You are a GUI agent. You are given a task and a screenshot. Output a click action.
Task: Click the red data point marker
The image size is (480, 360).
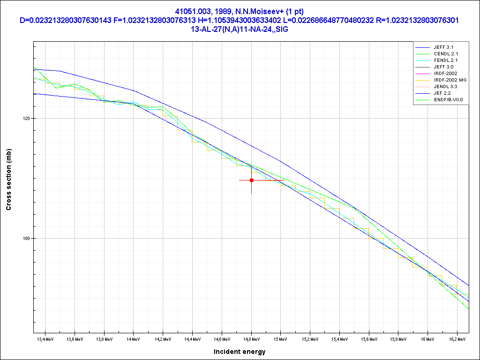click(x=252, y=180)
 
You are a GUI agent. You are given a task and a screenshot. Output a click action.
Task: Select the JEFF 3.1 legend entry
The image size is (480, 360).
click(x=443, y=47)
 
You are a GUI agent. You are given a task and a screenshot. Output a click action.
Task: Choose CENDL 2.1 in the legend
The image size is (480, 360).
click(x=446, y=54)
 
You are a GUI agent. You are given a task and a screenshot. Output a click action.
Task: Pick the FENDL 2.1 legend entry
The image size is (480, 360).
click(x=446, y=60)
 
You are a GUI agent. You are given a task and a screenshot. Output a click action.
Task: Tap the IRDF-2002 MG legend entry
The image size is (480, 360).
click(x=450, y=80)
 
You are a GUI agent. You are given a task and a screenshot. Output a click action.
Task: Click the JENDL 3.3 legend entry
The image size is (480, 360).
click(x=446, y=87)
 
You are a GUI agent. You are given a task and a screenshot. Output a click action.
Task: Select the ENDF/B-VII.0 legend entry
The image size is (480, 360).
click(x=449, y=100)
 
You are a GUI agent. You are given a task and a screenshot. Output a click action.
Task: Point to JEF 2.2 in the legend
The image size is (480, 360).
click(x=442, y=93)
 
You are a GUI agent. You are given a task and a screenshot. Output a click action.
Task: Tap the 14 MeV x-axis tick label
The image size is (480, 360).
click(x=133, y=338)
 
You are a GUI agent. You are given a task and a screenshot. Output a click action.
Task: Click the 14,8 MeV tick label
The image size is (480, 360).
click(x=251, y=338)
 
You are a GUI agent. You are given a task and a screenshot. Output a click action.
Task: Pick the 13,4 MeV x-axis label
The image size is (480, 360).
click(x=45, y=338)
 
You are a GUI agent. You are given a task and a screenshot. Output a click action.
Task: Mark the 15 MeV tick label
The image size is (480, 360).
click(x=280, y=338)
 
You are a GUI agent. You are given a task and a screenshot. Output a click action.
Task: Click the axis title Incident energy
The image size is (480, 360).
click(x=240, y=352)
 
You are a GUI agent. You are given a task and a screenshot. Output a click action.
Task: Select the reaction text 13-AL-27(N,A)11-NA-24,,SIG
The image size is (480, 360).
click(x=240, y=29)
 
